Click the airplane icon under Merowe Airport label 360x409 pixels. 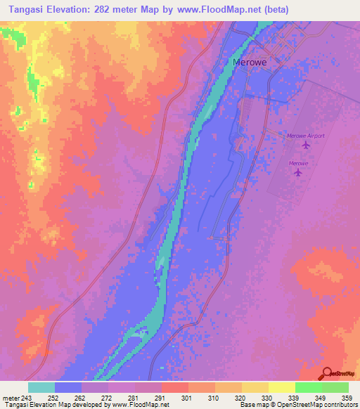[x=305, y=145]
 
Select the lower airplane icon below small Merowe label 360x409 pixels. [x=299, y=172]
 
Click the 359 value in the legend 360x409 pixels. [x=343, y=397]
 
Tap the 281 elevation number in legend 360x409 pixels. [x=123, y=397]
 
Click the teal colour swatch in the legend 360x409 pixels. [x=41, y=387]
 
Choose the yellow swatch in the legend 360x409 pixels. [x=281, y=387]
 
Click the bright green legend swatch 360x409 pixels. [x=308, y=387]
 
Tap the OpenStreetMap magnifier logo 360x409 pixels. [x=326, y=374]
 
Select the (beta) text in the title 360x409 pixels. [x=274, y=11]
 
